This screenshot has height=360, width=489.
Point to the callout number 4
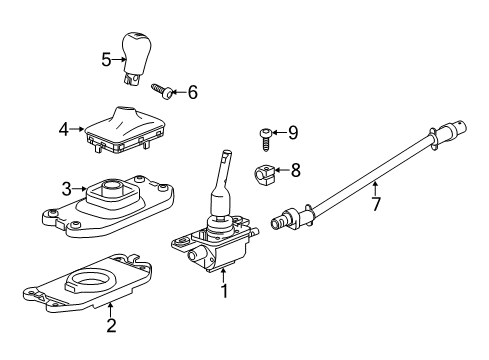(62, 129)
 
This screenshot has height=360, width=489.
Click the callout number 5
(107, 59)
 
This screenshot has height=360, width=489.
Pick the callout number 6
(192, 93)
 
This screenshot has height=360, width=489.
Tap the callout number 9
(293, 131)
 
